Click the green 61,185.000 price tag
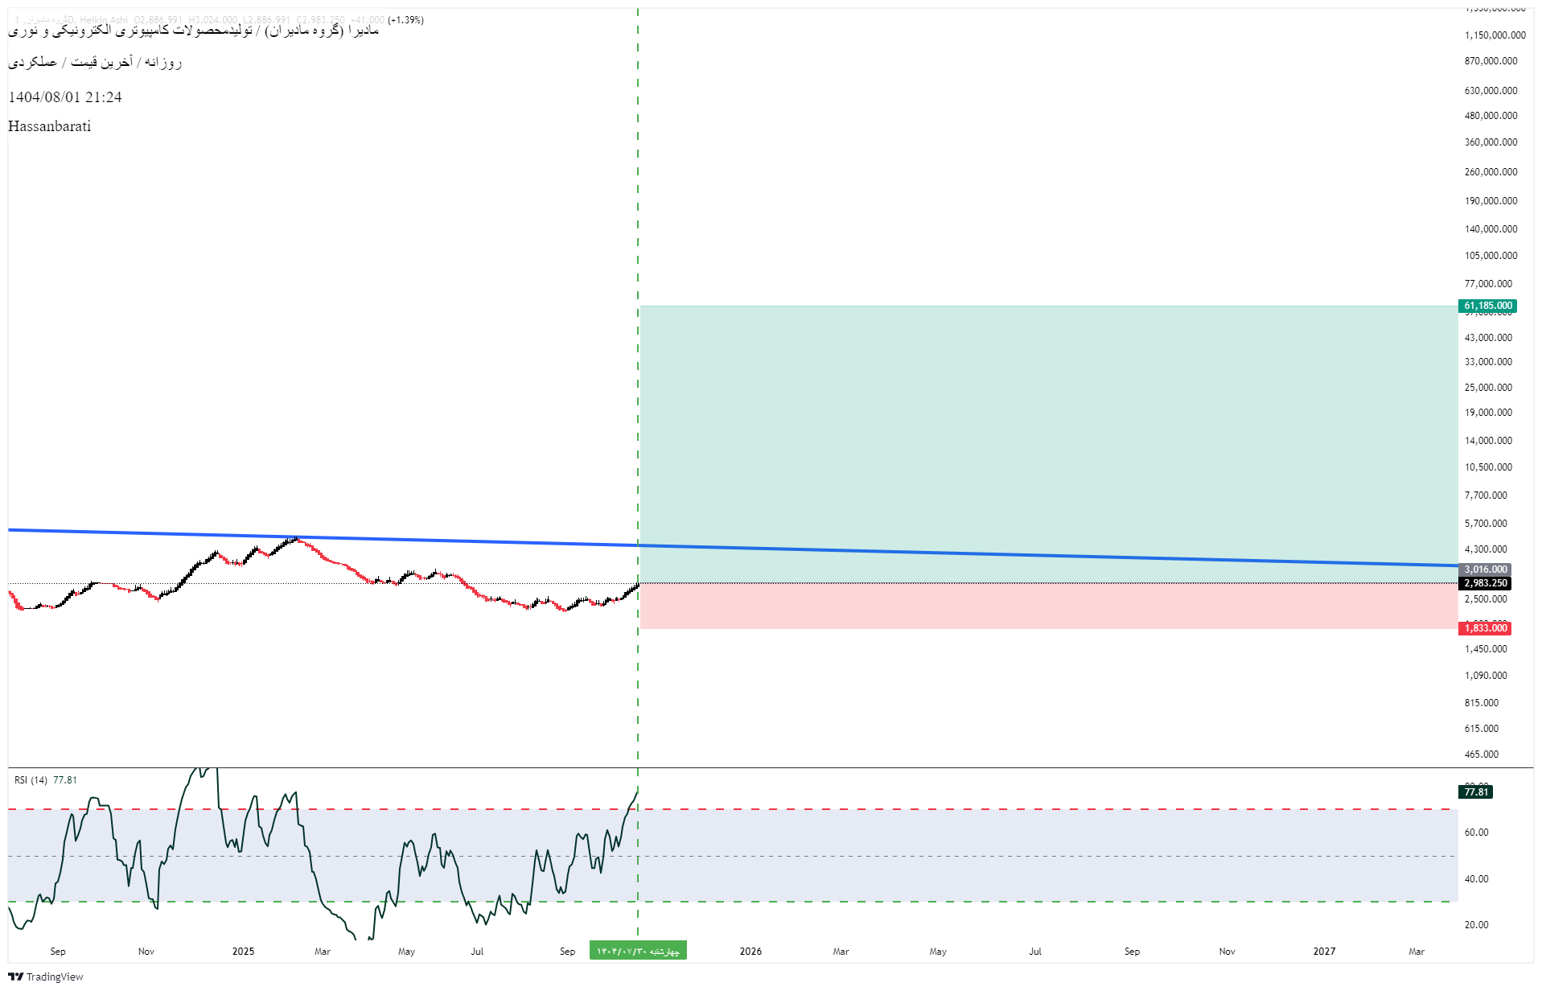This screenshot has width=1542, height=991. pyautogui.click(x=1487, y=306)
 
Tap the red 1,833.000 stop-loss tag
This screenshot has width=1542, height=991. pyautogui.click(x=1485, y=628)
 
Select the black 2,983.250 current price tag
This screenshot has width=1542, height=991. pyautogui.click(x=1485, y=583)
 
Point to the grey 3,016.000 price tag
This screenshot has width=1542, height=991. pyautogui.click(x=1485, y=570)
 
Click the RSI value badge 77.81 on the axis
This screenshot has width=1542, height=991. pyautogui.click(x=1476, y=792)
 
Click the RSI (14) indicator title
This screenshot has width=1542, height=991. pyautogui.click(x=31, y=780)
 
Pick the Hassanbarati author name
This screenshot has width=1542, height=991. pyautogui.click(x=49, y=126)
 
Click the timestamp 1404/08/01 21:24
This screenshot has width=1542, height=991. pyautogui.click(x=65, y=97)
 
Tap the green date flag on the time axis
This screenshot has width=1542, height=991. pyautogui.click(x=638, y=952)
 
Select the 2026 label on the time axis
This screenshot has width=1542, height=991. pyautogui.click(x=750, y=952)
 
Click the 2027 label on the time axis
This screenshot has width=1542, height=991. pyautogui.click(x=1324, y=952)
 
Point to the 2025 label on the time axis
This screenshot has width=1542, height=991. pyautogui.click(x=243, y=952)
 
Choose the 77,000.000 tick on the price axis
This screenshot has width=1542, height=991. pyautogui.click(x=1488, y=284)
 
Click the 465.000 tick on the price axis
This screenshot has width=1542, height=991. pyautogui.click(x=1481, y=755)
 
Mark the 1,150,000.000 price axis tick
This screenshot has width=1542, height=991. pyautogui.click(x=1495, y=35)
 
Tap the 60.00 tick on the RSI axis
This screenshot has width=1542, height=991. pyautogui.click(x=1476, y=833)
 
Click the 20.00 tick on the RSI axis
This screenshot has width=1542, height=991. pyautogui.click(x=1476, y=925)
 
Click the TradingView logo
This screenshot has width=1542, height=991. pyautogui.click(x=46, y=977)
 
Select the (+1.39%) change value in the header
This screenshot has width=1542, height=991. pyautogui.click(x=405, y=20)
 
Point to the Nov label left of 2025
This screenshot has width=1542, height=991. pyautogui.click(x=146, y=952)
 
